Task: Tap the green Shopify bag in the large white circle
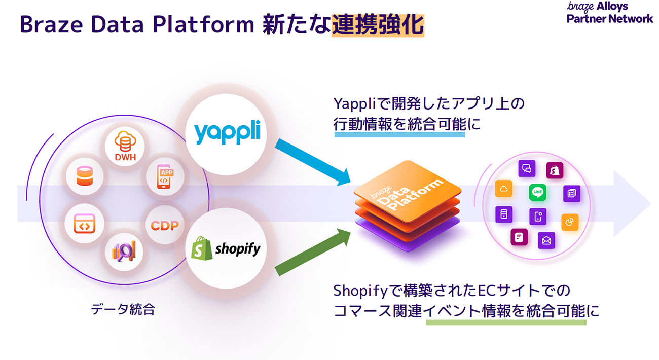coord(202,248)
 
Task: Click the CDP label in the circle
coord(165,225)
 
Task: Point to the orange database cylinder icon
coord(85,176)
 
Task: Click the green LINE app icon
coord(538,193)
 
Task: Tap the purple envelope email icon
coord(546,240)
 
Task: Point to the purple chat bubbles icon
coord(527,168)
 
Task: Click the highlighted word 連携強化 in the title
coord(378,24)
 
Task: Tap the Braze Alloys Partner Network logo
coord(610,12)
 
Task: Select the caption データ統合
coord(123,309)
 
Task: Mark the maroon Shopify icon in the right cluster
coord(555,171)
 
